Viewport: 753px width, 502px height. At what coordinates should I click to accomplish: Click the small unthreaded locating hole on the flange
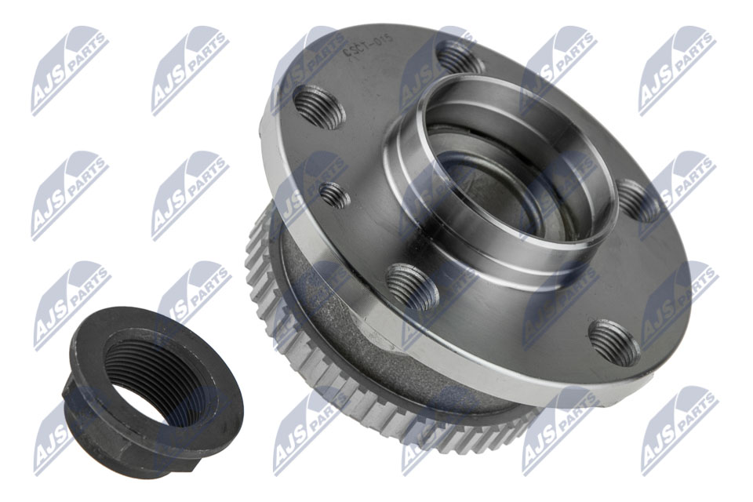[x=336, y=195]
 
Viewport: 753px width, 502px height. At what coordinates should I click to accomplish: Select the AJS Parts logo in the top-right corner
[x=677, y=71]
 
